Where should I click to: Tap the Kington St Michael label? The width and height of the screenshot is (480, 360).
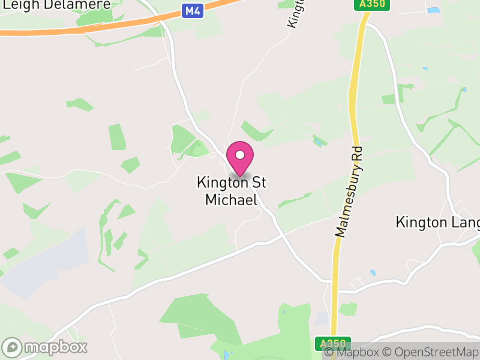click(231, 191)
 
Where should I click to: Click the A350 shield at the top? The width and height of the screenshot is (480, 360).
click(372, 4)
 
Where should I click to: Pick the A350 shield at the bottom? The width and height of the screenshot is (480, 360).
click(333, 344)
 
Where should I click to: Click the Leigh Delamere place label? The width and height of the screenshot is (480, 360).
click(57, 5)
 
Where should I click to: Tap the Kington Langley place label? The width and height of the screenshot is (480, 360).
click(437, 223)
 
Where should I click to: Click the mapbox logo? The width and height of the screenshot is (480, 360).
click(46, 347)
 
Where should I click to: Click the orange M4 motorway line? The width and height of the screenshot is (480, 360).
click(120, 25)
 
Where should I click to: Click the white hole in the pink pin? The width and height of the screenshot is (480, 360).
click(240, 155)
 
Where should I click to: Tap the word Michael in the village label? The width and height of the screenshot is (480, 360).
click(231, 199)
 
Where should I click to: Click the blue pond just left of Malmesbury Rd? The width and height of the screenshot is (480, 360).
click(319, 142)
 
